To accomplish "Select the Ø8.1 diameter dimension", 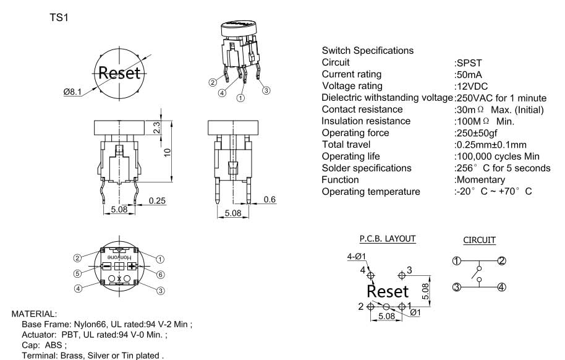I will click(72, 92).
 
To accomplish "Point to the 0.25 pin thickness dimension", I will click(157, 201).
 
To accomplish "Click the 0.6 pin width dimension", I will click(270, 200).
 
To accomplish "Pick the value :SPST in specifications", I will click(468, 62).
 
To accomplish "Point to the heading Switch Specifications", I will click(368, 51).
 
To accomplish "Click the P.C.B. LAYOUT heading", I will click(388, 239).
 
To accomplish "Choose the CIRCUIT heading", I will click(479, 240).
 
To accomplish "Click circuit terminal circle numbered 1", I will click(456, 260).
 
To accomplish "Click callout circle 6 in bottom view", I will click(161, 274).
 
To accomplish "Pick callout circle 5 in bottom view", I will click(78, 274).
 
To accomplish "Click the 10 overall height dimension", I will click(168, 152).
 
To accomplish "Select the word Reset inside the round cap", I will click(119, 72).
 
